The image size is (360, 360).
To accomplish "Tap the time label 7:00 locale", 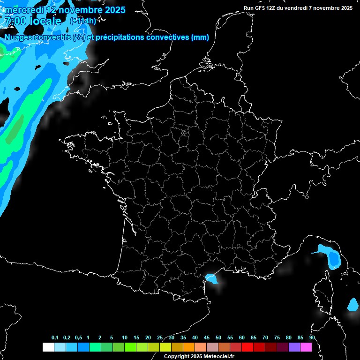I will (x=33, y=21).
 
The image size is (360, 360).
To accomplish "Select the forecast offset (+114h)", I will (x=83, y=21).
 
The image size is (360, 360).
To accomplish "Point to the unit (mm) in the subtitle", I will (x=200, y=37).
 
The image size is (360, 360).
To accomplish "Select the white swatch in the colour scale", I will (x=48, y=347).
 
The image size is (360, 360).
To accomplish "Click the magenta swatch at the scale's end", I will (x=306, y=347).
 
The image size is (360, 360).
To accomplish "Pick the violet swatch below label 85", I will (x=294, y=347).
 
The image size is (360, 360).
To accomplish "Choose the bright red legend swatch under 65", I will (x=247, y=347).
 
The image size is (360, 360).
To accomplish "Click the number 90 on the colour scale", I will (x=312, y=338).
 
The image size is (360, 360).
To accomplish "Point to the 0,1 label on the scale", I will (x=55, y=338).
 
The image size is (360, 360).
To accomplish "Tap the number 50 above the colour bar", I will (x=218, y=338).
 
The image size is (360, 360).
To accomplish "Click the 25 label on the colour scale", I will (x=160, y=338).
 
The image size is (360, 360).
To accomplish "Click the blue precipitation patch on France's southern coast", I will (x=212, y=279).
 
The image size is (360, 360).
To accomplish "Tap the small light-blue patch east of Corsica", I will (x=352, y=305).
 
